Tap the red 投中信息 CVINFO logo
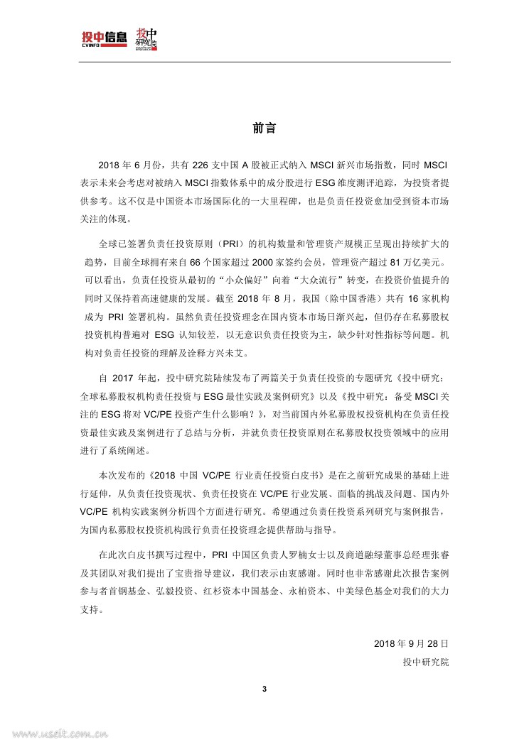click(105, 37)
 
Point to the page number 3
click(264, 689)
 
